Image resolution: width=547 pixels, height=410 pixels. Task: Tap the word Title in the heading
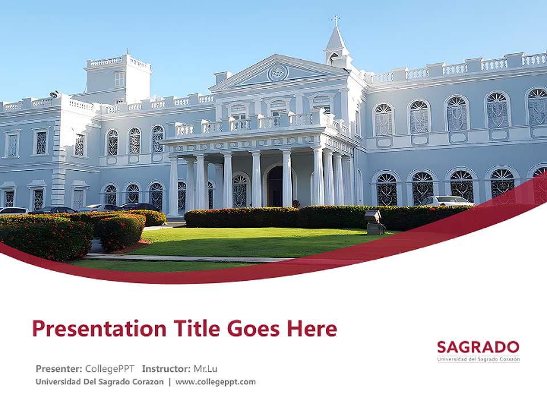pos(187,329)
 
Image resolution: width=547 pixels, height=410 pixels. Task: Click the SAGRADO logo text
pos(478,347)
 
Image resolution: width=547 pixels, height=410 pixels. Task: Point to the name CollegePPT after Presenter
pos(109,368)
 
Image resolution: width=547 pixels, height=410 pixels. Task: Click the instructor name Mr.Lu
pos(205,368)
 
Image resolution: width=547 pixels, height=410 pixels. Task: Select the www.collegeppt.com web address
pos(215,382)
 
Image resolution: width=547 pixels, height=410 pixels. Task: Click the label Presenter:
pos(59,368)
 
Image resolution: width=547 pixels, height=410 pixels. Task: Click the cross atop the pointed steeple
pos(336,20)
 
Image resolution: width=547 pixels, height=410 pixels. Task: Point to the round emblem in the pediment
pos(278,72)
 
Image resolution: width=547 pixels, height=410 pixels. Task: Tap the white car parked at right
pos(447,200)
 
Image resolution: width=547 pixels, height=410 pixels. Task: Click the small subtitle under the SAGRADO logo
pos(478,359)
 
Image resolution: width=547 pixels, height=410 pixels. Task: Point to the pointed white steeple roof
pos(336,40)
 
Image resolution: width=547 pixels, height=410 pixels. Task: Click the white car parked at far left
pos(13,211)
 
